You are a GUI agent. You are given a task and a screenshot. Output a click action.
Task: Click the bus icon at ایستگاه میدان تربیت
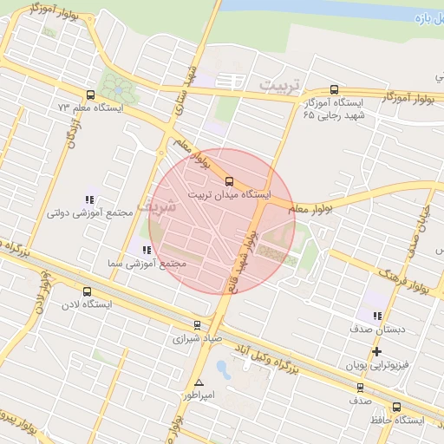[x=229, y=181]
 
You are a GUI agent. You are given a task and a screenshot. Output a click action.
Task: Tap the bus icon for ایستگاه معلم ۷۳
[x=90, y=95]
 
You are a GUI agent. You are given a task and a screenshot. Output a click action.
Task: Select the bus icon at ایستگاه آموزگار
[x=335, y=90]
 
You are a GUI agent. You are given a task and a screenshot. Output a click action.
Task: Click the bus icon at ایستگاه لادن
[x=86, y=291]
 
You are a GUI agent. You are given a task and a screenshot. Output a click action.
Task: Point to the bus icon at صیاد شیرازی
[x=198, y=326]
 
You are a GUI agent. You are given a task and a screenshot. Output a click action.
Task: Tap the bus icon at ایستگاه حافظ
[x=396, y=407]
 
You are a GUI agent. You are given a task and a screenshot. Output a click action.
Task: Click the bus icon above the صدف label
[x=360, y=388]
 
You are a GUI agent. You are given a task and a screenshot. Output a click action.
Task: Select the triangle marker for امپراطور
[x=200, y=382]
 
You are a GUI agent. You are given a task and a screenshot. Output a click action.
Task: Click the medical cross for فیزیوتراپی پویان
[x=376, y=351]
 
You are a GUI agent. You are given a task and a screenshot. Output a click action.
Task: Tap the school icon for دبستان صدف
[x=376, y=316]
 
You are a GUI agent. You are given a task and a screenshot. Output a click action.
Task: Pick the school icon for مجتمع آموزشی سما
[x=146, y=251]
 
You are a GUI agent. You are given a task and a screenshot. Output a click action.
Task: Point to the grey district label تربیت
[x=284, y=88]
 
